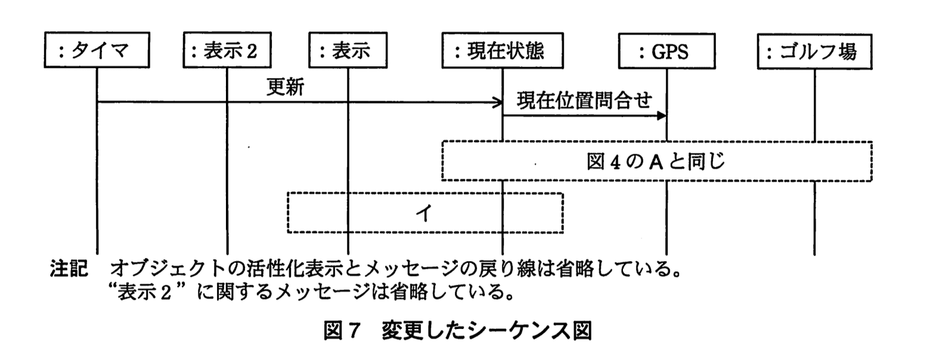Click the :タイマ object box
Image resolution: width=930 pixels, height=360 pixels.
97,52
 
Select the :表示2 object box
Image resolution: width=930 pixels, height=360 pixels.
227,52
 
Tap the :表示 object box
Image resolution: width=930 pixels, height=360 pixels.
348,52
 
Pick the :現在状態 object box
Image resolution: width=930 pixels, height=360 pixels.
502,52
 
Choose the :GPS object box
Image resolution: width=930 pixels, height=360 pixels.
666,52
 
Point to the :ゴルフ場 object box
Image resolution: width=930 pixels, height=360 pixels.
814,52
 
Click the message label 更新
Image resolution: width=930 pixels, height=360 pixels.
284,88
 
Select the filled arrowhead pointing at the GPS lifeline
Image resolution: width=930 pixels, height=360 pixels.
661,116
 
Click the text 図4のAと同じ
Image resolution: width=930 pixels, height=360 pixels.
656,161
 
